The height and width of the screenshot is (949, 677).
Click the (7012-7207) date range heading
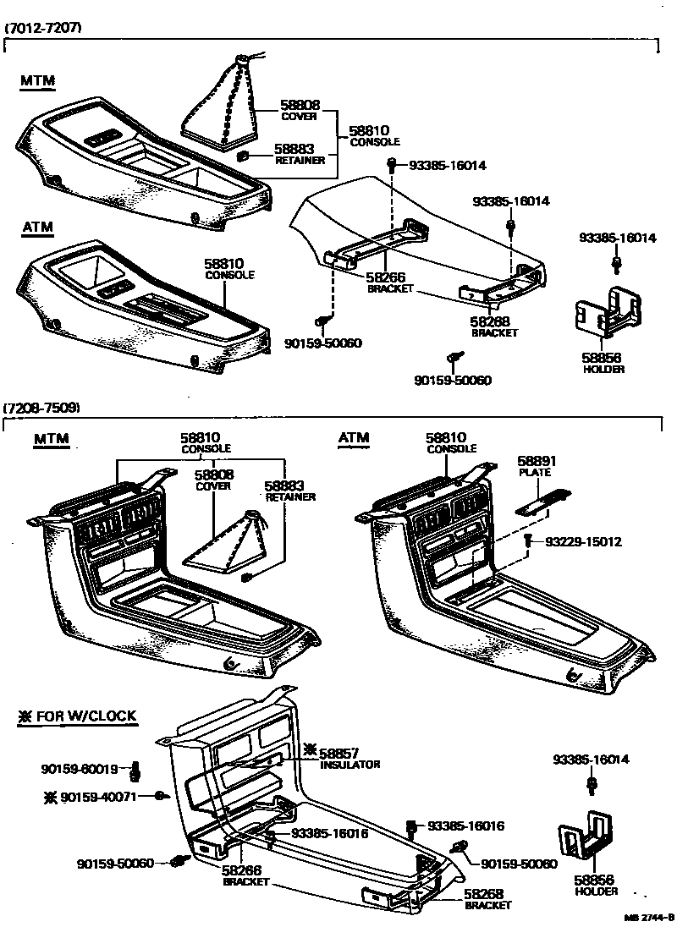click(43, 28)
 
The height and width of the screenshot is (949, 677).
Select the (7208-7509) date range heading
click(43, 408)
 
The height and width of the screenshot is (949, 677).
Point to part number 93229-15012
click(583, 541)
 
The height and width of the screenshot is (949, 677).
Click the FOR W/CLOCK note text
click(77, 716)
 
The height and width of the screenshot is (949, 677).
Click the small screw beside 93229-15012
click(527, 540)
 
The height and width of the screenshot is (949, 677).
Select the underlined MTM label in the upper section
click(37, 81)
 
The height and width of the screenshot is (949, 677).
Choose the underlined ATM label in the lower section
click(354, 437)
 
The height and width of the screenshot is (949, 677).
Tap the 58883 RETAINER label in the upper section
click(298, 153)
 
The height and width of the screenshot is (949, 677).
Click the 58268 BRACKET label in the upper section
click(494, 326)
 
